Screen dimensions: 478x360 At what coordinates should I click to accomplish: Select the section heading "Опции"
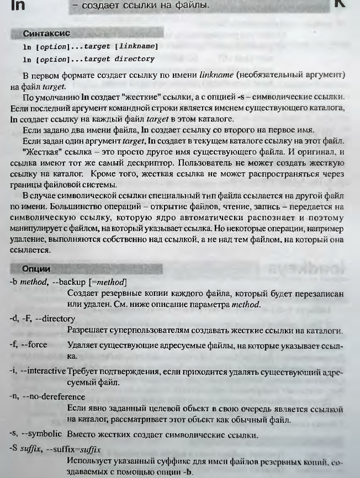[x=36, y=269]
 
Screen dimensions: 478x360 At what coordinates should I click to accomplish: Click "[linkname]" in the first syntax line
[x=136, y=47]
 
